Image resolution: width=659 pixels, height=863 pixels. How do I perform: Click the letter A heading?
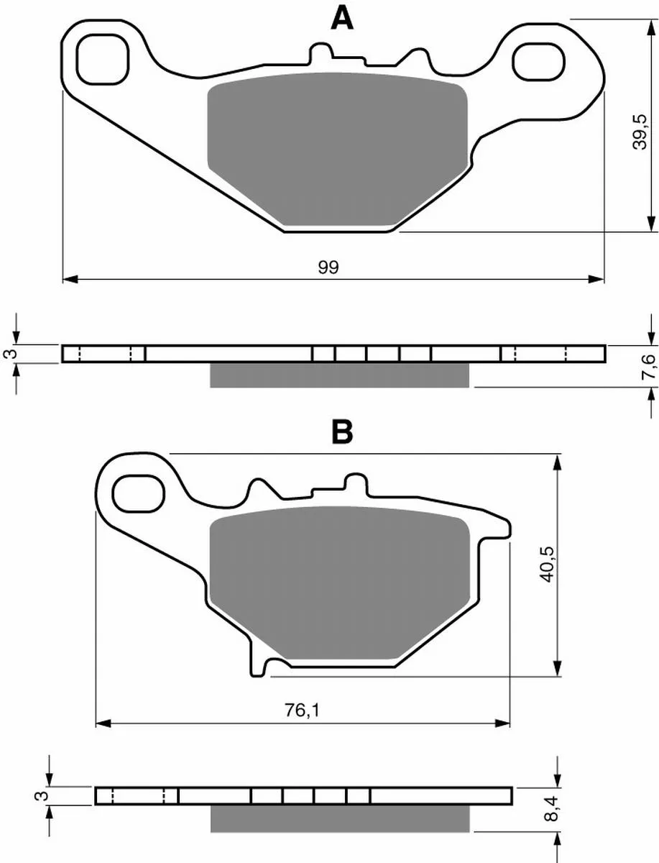pyautogui.click(x=341, y=19)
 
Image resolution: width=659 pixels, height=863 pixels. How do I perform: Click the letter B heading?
pyautogui.click(x=342, y=432)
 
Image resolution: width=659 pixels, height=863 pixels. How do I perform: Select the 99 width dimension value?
pyautogui.click(x=328, y=268)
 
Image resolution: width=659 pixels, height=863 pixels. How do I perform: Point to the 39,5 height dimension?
pyautogui.click(x=639, y=132)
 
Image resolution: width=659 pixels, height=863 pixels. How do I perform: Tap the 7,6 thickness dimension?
pyautogui.click(x=648, y=367)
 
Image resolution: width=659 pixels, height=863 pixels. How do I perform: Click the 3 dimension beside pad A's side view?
pyautogui.click(x=12, y=353)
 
